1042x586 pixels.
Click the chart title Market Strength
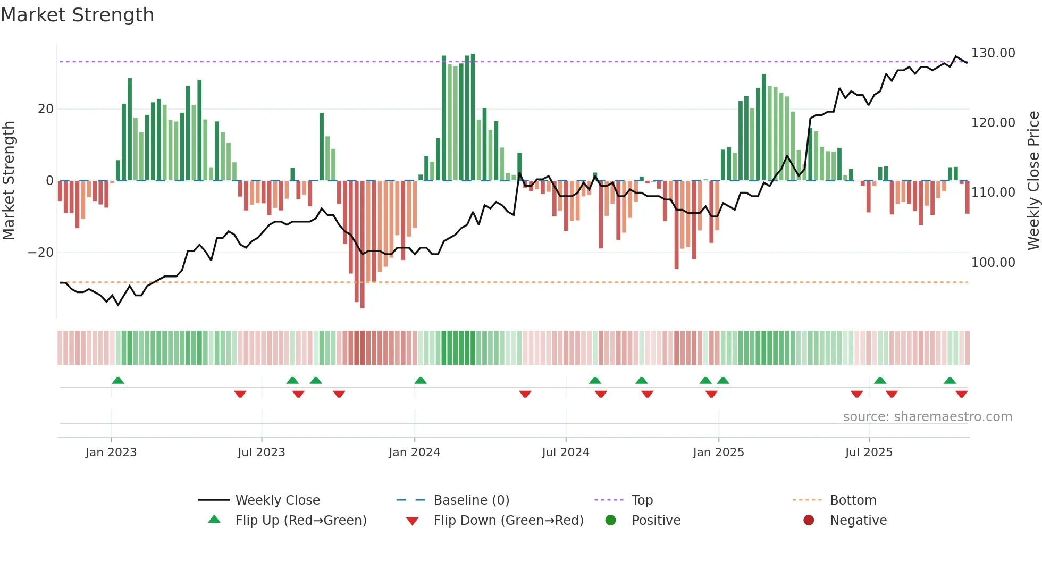(x=77, y=15)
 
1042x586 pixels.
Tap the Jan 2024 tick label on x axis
(x=414, y=453)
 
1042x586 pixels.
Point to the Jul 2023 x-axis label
(x=261, y=453)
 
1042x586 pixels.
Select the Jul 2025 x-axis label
(x=869, y=453)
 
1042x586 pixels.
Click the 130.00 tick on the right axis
(x=993, y=53)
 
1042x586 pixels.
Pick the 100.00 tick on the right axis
(x=993, y=262)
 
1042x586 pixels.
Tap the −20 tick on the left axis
(x=41, y=253)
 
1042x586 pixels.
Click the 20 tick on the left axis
(x=46, y=109)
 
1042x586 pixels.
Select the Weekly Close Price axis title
(x=1033, y=180)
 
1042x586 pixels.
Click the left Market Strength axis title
(x=9, y=180)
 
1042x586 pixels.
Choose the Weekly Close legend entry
(x=277, y=500)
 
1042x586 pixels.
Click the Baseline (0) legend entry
(x=471, y=500)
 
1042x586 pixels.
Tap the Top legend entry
(x=642, y=500)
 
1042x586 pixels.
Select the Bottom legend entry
(x=853, y=500)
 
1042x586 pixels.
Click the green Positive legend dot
(x=610, y=521)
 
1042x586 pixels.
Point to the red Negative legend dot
(x=809, y=521)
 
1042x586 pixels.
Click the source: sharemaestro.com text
(x=927, y=417)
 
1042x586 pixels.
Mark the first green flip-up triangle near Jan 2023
(x=118, y=380)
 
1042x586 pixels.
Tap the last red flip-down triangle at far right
(x=961, y=394)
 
